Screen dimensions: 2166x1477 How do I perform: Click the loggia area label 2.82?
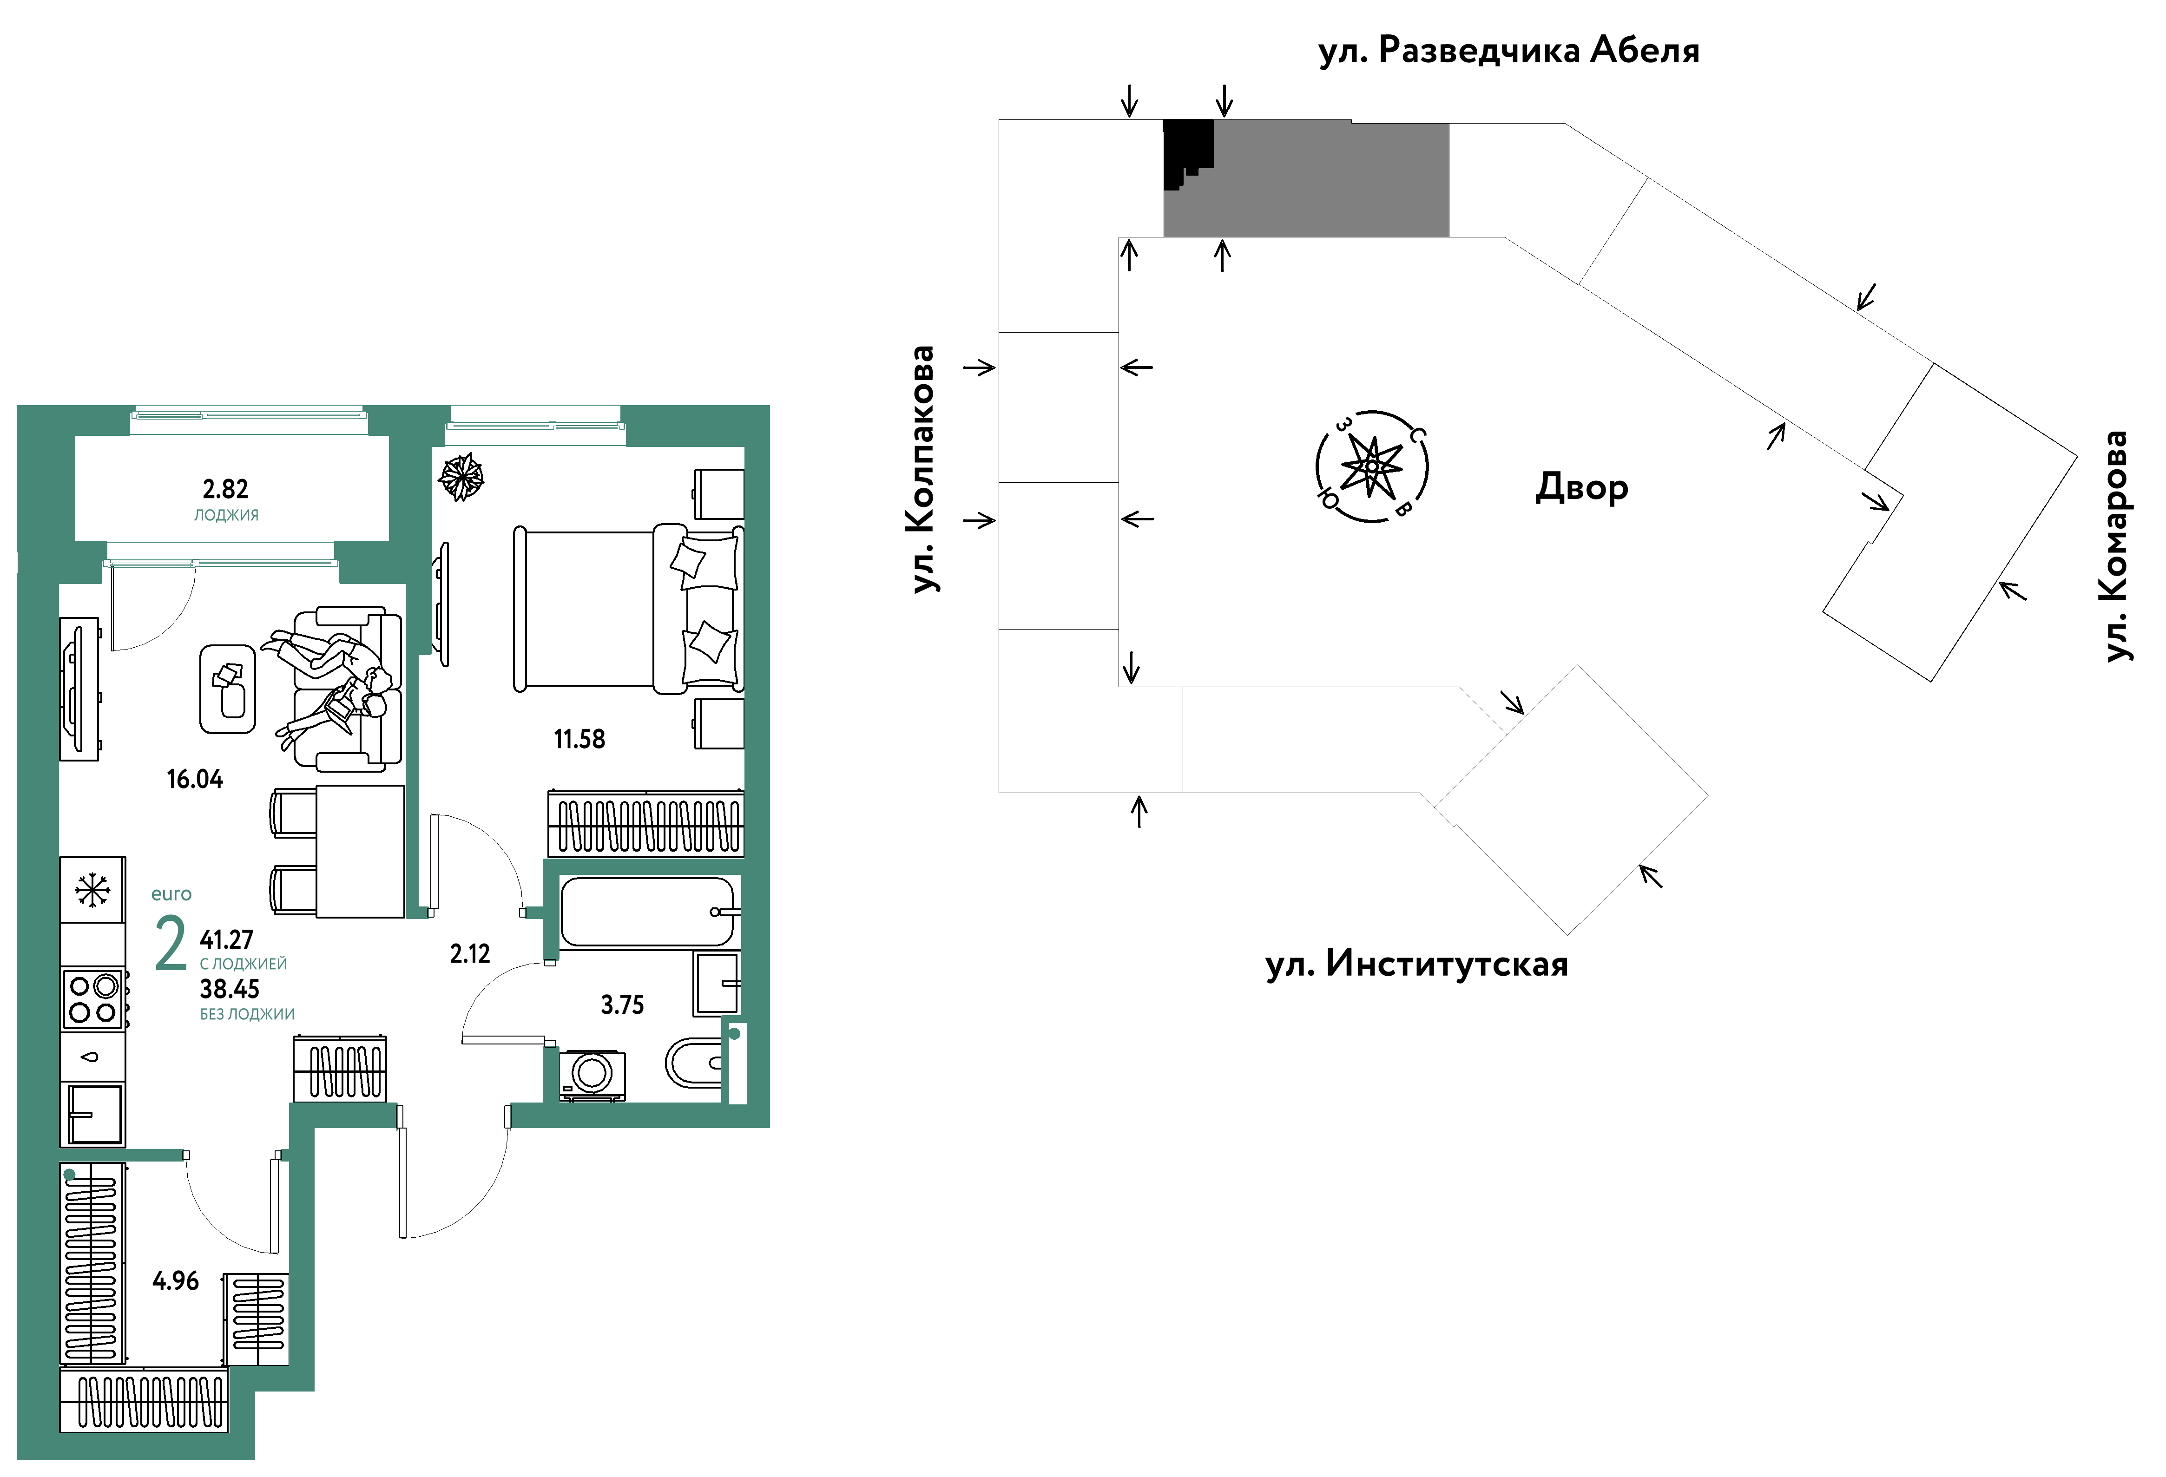coord(225,489)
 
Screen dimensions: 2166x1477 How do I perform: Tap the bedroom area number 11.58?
coord(579,740)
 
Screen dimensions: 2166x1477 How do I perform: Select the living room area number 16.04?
coord(195,780)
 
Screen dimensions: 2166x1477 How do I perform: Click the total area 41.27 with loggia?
coord(226,939)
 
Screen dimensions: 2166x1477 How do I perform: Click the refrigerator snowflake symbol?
coord(92,890)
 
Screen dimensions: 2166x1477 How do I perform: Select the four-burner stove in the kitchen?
coord(93,999)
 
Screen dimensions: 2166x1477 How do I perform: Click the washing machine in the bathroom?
coord(592,1075)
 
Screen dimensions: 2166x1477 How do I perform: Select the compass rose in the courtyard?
coord(1372,466)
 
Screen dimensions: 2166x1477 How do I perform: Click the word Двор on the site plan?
coord(1581,487)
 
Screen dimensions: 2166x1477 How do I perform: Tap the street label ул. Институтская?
coord(1417,965)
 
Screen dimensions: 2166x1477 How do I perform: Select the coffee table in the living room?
coord(227,689)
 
